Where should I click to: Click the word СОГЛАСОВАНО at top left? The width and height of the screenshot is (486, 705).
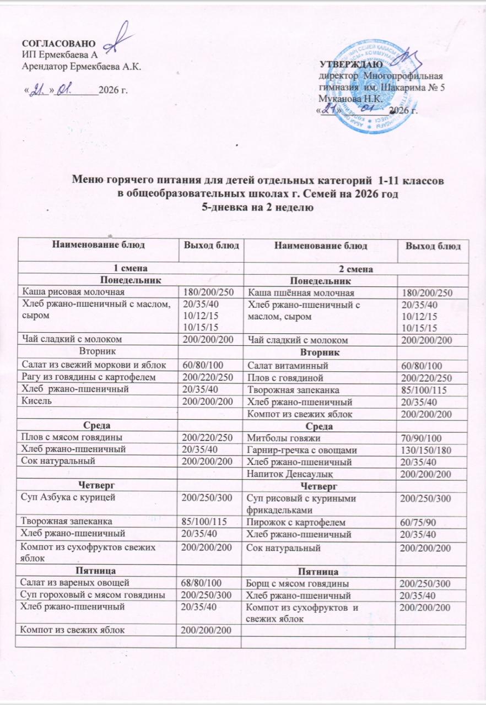tap(58, 44)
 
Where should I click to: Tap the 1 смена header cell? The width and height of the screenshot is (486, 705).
tap(130, 269)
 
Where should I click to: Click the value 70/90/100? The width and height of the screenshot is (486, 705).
tap(422, 438)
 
